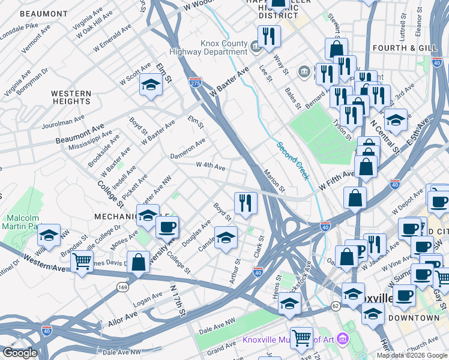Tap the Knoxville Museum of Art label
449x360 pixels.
288,340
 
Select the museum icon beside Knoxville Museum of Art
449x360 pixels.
342,340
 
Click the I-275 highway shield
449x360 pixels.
195,82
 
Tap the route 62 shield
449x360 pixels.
334,306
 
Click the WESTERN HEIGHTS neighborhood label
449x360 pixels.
71,98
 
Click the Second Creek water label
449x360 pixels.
293,160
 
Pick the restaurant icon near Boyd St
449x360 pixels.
245,203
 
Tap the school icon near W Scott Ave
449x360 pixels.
151,85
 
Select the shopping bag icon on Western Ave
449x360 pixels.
138,262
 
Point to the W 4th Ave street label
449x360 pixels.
210,166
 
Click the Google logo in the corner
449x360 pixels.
20,353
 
